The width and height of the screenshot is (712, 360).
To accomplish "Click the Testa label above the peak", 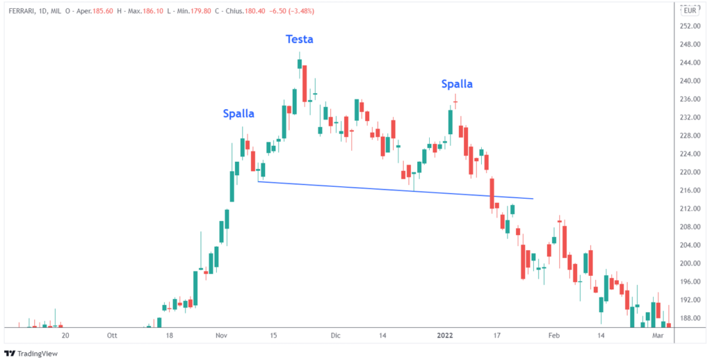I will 300,40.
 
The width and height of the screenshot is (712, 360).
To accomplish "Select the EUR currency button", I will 690,10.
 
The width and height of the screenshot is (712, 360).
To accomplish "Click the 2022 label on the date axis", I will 445,335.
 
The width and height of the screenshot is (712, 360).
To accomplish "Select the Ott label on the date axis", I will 112,335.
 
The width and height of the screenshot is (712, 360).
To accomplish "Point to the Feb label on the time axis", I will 553,335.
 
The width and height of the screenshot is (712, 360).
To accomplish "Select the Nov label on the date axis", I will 221,335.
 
